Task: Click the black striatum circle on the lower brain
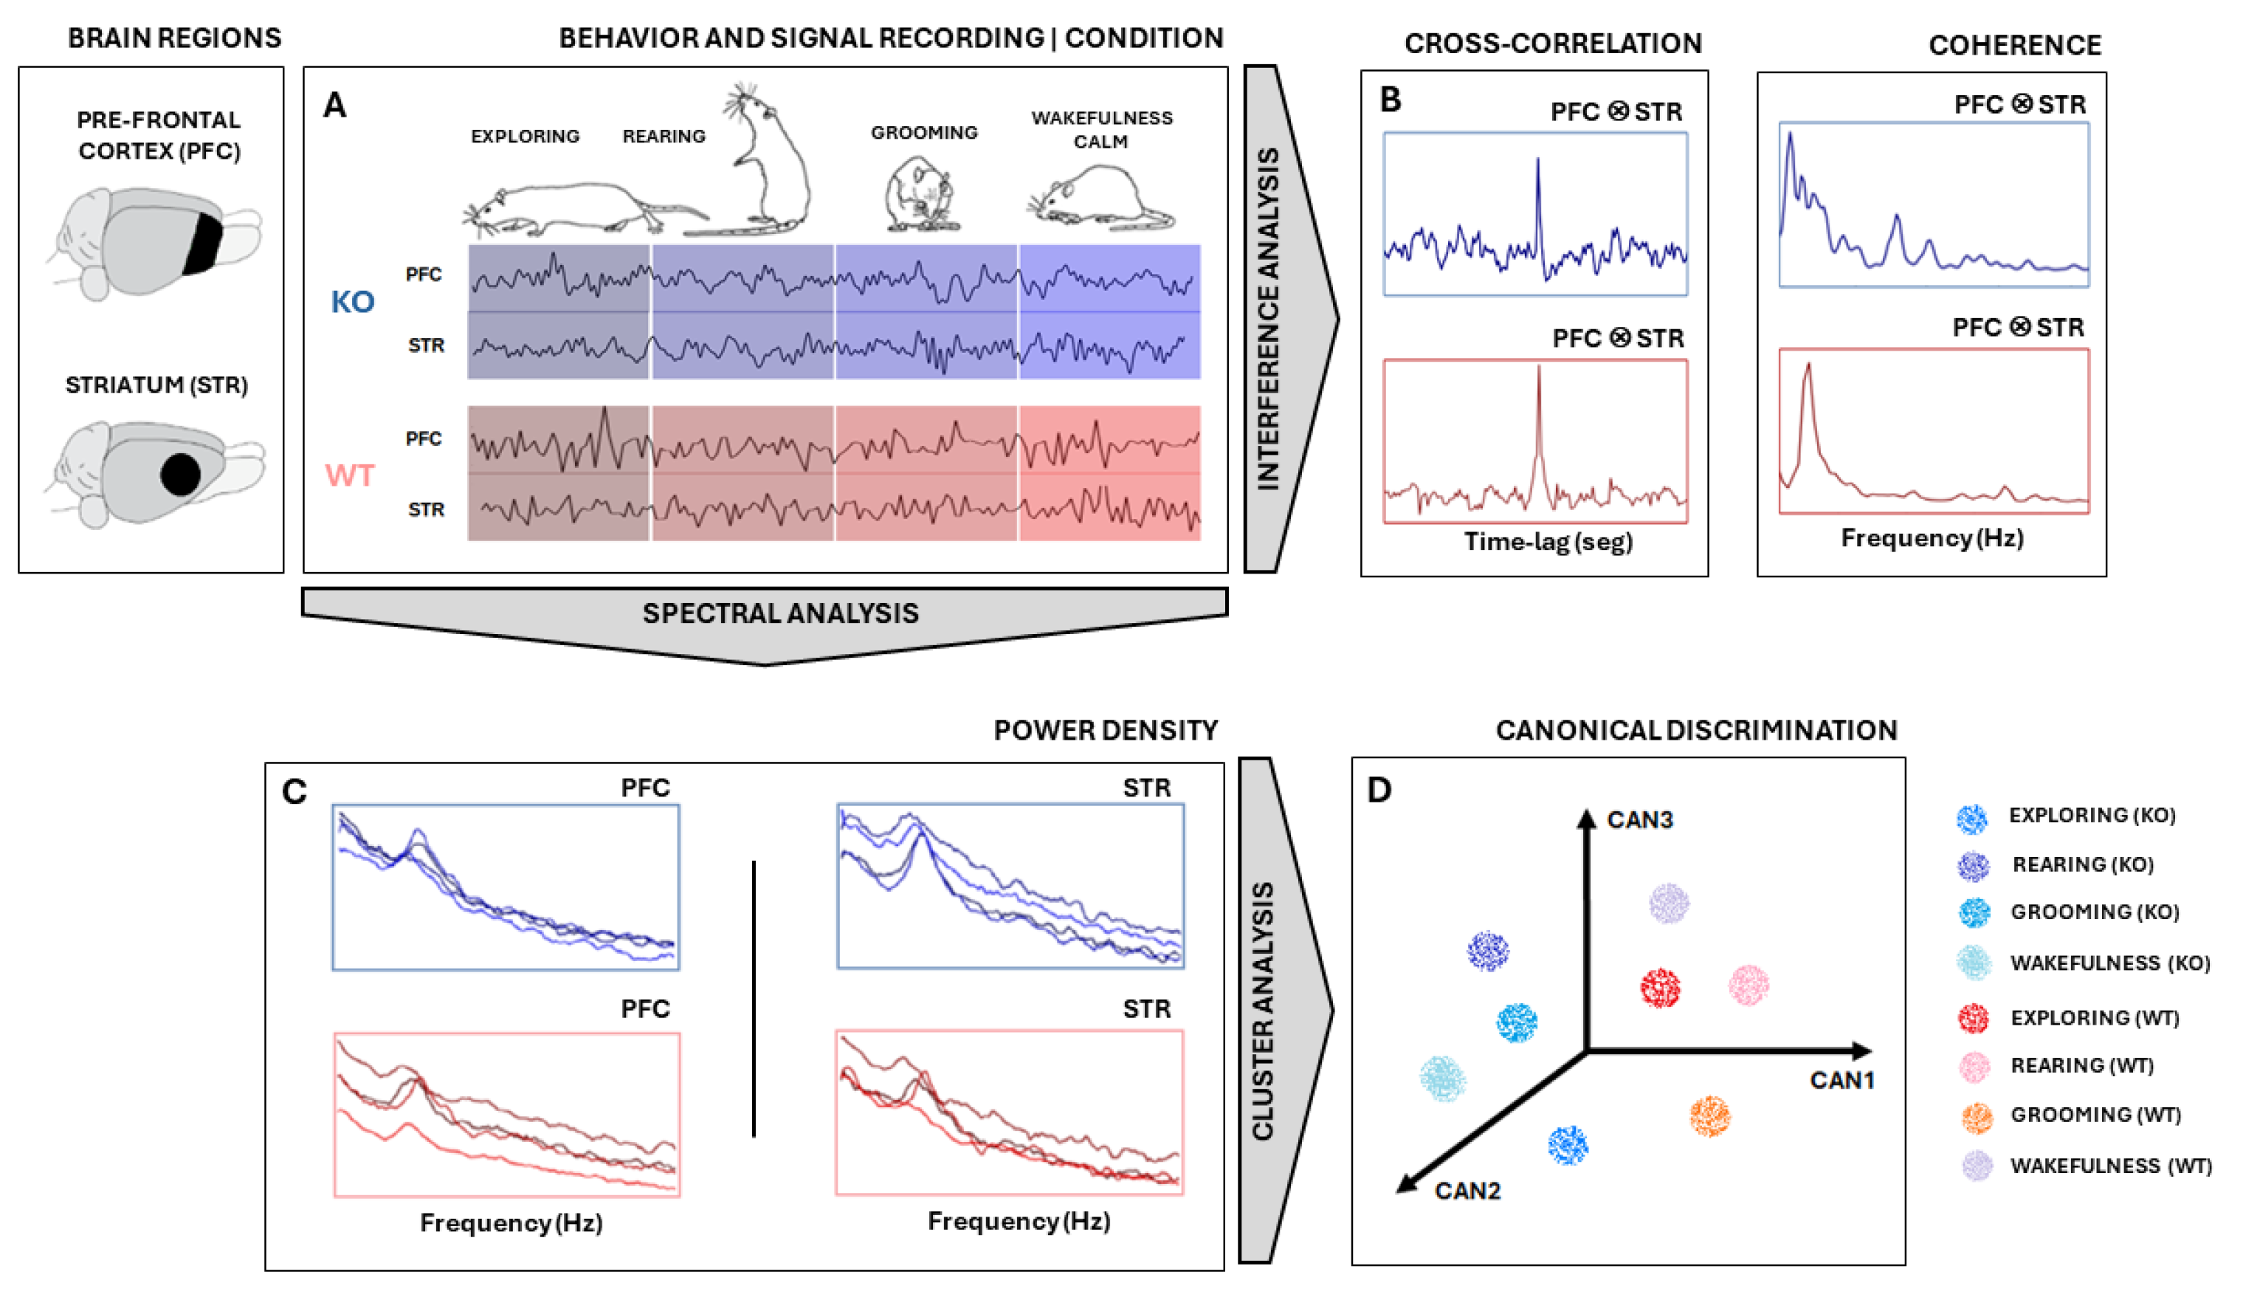coord(181,474)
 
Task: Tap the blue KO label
coord(353,303)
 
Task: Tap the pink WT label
coord(350,475)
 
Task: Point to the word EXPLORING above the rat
coord(526,137)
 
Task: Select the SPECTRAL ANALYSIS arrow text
coord(781,613)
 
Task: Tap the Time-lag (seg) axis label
coord(1548,541)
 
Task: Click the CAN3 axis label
coord(1639,820)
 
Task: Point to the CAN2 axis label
coord(1467,1190)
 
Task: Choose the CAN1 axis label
coord(1841,1080)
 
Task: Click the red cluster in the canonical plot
coord(1660,987)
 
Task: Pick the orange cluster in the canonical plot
coord(1710,1116)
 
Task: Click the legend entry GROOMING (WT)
coord(2095,1115)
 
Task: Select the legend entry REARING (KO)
coord(2082,864)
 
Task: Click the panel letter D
coord(1379,790)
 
